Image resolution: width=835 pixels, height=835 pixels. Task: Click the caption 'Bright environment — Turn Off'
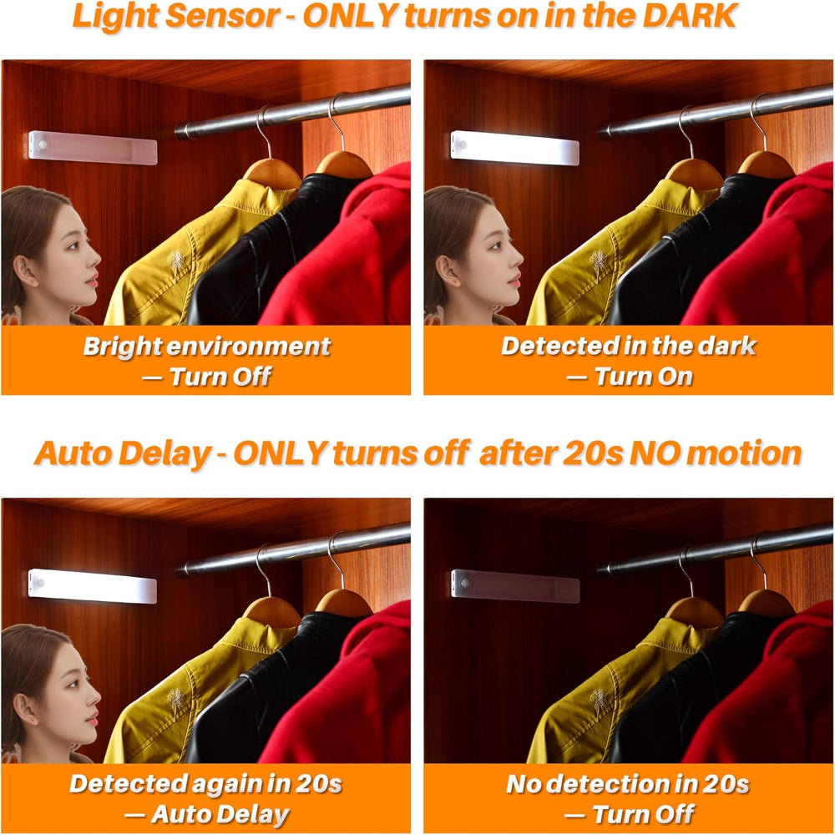(206, 361)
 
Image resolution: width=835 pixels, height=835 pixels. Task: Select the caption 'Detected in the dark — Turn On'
(629, 361)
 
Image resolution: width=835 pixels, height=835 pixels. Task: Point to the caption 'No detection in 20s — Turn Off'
(628, 798)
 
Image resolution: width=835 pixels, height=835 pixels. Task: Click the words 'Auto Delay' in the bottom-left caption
(220, 814)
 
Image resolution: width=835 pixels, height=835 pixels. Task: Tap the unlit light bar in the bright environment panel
(93, 148)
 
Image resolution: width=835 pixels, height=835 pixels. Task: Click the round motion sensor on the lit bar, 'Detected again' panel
(37, 577)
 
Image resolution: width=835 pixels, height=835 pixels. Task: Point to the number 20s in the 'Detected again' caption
(317, 784)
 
